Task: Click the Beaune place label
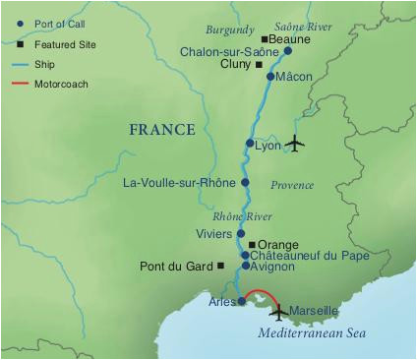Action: (x=289, y=39)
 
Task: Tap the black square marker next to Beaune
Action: (x=264, y=39)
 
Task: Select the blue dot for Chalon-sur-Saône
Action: (x=287, y=51)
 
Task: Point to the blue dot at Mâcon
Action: (x=270, y=76)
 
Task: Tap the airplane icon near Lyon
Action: (x=295, y=144)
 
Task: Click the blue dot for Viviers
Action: (x=241, y=234)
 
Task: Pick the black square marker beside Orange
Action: (x=252, y=244)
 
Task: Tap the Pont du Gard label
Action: (x=178, y=266)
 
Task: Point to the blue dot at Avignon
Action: (x=246, y=266)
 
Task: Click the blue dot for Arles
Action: (x=242, y=301)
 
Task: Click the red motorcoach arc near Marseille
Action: (x=264, y=291)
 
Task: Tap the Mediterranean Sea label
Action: (x=311, y=334)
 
